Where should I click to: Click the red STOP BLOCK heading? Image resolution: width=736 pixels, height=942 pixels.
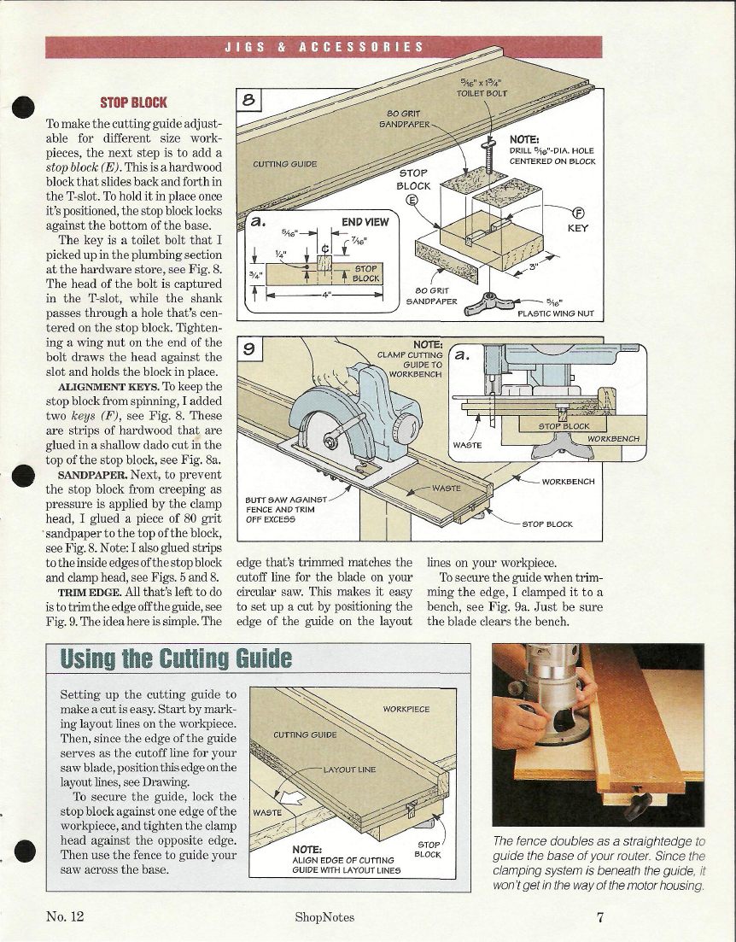(133, 102)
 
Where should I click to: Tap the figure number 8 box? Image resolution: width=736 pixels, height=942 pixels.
(249, 100)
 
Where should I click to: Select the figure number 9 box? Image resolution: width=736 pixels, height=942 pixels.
(249, 348)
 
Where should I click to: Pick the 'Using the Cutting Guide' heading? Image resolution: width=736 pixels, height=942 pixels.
(176, 659)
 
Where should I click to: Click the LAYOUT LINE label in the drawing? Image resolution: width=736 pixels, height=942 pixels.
(349, 769)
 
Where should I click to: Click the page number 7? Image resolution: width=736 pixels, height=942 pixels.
(600, 917)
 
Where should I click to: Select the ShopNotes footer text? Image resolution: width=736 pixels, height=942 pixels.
(324, 917)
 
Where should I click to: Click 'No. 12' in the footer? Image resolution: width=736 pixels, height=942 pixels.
(66, 917)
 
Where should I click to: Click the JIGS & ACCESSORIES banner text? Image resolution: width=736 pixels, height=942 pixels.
(324, 47)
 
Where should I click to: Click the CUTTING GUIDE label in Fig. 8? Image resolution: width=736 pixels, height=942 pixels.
(285, 164)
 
